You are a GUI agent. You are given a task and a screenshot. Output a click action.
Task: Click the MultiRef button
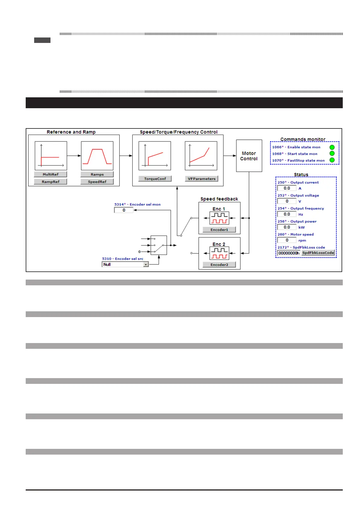[x=50, y=174]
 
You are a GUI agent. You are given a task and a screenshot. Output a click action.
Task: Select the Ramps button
[x=97, y=174]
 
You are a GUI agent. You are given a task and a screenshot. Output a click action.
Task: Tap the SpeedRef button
[x=97, y=182]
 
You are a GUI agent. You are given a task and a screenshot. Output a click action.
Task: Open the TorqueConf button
[x=155, y=179]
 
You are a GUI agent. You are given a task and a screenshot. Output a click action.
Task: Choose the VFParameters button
[x=202, y=179]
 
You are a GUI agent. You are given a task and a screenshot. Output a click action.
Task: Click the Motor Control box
[x=249, y=156]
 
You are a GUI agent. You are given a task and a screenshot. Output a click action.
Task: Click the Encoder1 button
[x=219, y=230]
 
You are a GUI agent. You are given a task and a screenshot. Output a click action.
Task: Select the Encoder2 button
[x=219, y=265]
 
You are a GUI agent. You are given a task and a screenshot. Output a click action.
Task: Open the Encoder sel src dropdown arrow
[x=146, y=264]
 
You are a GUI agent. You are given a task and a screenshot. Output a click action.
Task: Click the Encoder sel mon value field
[x=124, y=210]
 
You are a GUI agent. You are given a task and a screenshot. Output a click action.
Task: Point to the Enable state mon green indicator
[x=332, y=147]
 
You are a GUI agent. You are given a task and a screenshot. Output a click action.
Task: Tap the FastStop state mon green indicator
[x=332, y=160]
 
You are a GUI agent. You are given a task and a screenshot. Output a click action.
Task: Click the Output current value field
[x=287, y=188]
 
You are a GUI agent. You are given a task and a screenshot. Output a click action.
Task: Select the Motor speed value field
[x=287, y=240]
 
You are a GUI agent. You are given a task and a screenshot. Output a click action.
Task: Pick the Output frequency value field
[x=287, y=214]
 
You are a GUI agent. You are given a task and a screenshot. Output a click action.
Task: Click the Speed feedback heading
[x=219, y=199]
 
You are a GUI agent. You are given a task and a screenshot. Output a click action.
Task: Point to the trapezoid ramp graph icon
[x=97, y=156]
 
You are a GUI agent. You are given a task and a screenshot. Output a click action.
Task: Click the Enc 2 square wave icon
[x=219, y=253]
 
